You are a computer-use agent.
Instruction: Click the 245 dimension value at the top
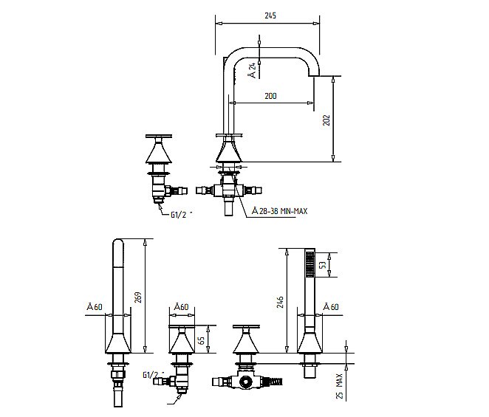(x=270, y=15)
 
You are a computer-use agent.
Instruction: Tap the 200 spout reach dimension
(x=270, y=96)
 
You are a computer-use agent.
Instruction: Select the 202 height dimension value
(x=326, y=120)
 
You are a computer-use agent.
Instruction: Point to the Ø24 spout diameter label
(x=253, y=70)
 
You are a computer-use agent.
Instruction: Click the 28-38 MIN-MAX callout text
(x=279, y=211)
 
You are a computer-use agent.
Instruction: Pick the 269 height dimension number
(x=138, y=297)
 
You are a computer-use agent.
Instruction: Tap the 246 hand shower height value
(x=280, y=302)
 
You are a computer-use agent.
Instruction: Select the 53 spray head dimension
(x=323, y=265)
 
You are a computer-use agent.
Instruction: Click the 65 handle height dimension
(x=202, y=340)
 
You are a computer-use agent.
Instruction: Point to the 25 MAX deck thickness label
(x=340, y=386)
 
